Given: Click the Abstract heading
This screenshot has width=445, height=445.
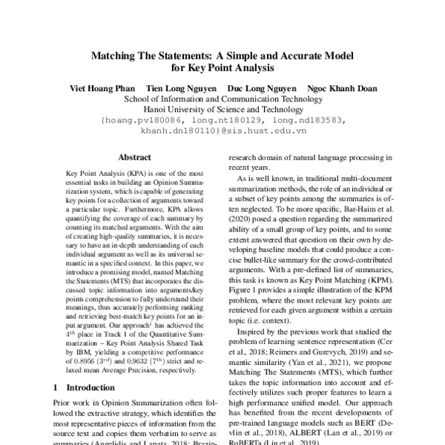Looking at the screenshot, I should pos(136,157).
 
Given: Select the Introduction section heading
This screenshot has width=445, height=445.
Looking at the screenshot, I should pos(79,387).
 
